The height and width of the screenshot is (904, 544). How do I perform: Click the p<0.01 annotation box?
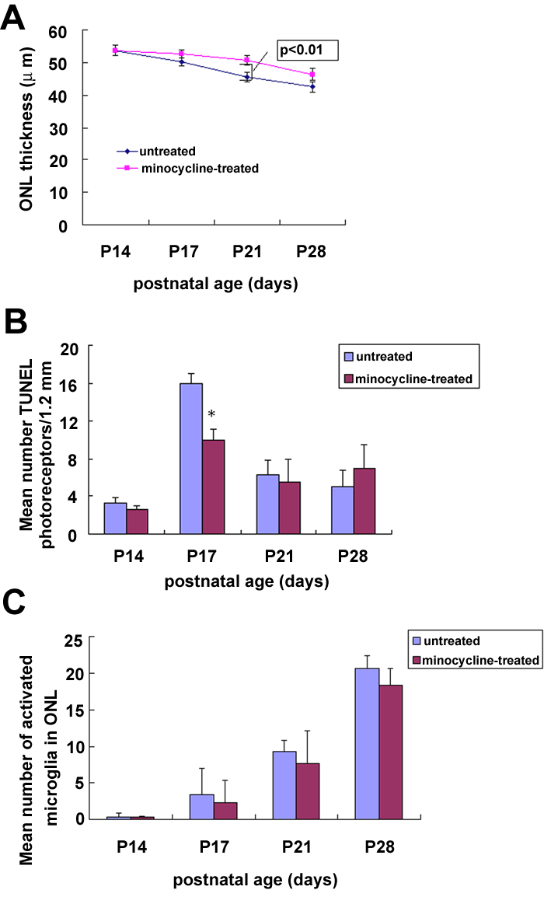pyautogui.click(x=309, y=51)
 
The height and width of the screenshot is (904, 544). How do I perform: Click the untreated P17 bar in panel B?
pyautogui.click(x=191, y=459)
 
